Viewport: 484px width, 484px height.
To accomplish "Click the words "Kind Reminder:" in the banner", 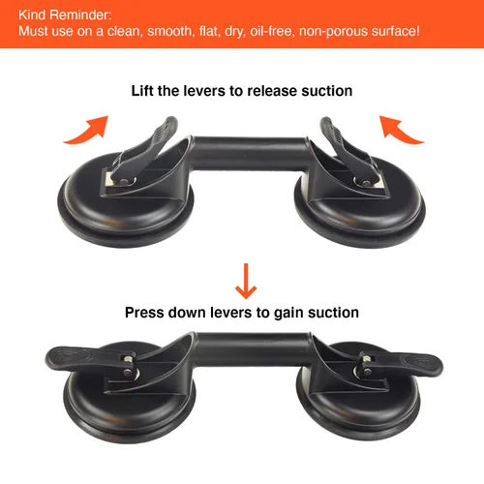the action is tap(65, 15).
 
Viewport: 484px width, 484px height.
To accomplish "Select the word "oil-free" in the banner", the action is tap(271, 31).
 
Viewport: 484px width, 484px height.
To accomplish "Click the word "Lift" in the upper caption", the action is tap(142, 91).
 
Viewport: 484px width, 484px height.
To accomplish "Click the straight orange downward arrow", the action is tap(246, 281).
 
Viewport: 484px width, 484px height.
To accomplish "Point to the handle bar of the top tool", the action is tap(250, 153).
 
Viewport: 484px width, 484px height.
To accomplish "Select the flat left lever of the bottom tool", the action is tap(87, 359).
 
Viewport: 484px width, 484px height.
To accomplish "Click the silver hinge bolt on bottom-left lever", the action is tap(129, 359).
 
